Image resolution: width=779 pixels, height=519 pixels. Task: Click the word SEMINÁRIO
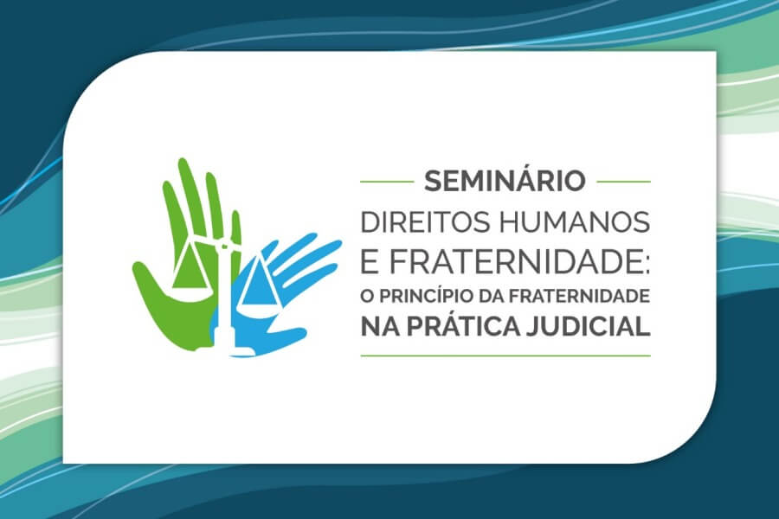pyautogui.click(x=505, y=180)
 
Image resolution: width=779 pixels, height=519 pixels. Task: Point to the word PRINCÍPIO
pyautogui.click(x=425, y=296)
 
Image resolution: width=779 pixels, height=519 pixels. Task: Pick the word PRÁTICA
pyautogui.click(x=464, y=325)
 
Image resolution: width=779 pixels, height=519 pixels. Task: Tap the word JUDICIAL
pyautogui.click(x=589, y=326)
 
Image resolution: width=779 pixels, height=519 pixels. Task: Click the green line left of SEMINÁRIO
pyautogui.click(x=387, y=182)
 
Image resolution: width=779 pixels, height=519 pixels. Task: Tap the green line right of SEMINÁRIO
pyautogui.click(x=623, y=182)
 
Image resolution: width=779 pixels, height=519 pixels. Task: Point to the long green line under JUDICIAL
pyautogui.click(x=505, y=356)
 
